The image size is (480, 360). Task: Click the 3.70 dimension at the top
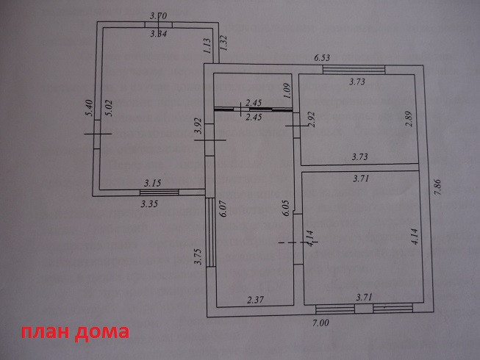point(158,15)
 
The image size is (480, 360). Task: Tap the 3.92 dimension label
point(197,126)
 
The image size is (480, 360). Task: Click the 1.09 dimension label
point(288,91)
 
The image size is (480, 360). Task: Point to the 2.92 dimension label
point(311,120)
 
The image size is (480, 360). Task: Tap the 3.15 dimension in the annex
point(152,182)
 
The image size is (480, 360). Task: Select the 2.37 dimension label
point(254,299)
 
